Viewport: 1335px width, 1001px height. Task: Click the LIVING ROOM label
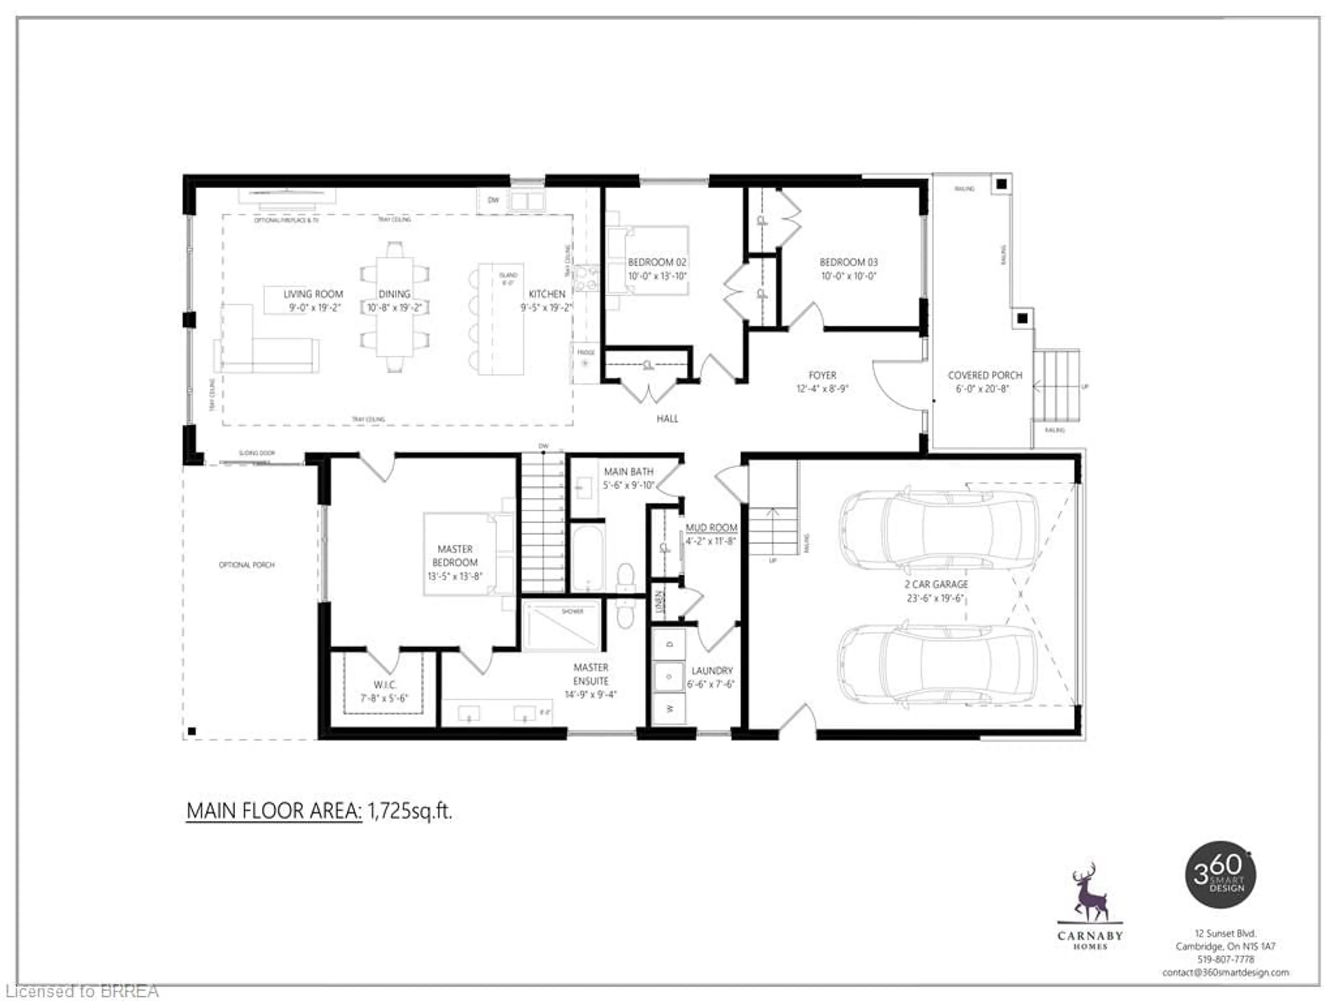coord(313,294)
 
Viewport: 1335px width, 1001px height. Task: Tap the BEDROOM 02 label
coord(657,262)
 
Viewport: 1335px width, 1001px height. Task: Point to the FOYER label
coord(822,375)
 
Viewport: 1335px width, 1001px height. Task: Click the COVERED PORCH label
coord(985,375)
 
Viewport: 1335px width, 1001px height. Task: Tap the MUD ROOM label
coord(711,527)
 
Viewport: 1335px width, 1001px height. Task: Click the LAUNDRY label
coord(712,670)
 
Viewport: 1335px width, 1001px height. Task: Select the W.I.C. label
coord(385,685)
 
